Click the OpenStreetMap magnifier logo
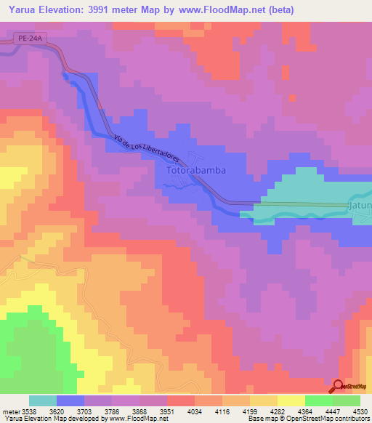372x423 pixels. point(339,387)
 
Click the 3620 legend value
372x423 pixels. point(70,410)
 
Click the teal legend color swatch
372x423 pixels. point(43,400)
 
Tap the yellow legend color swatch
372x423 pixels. point(291,400)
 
